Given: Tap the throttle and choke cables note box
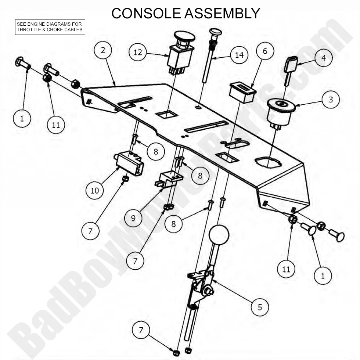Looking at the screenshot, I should [x=50, y=27].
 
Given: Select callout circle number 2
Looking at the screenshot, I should [x=103, y=50].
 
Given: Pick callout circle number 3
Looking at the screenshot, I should [x=331, y=100].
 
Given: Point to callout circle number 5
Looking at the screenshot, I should [x=260, y=307].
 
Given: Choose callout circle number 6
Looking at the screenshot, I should [x=265, y=51].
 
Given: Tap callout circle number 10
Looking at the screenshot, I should [x=95, y=191].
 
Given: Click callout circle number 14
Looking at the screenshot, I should [x=239, y=55].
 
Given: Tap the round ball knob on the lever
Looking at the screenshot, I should [x=219, y=234].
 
